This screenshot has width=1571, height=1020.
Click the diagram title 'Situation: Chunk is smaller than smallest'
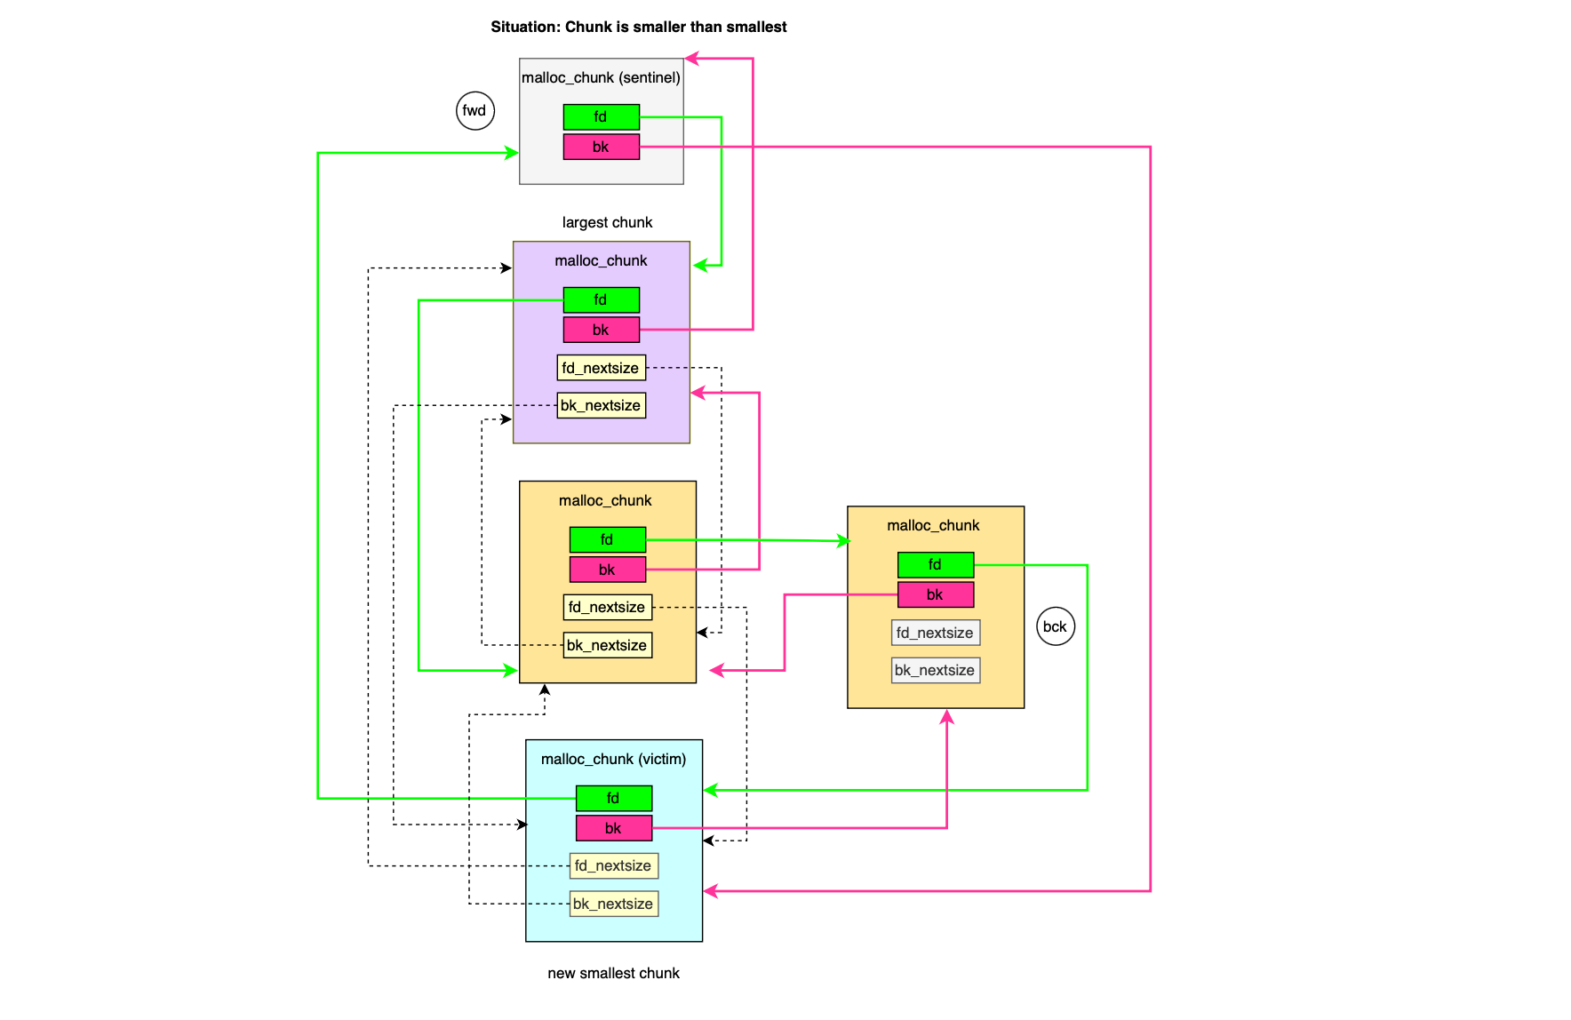pyautogui.click(x=638, y=27)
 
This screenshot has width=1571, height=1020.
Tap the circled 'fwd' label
pyautogui.click(x=474, y=111)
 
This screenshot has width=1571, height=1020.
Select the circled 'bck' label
pyautogui.click(x=1055, y=626)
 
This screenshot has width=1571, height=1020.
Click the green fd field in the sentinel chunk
pyautogui.click(x=601, y=116)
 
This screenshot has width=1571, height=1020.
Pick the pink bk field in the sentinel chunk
pyautogui.click(x=601, y=147)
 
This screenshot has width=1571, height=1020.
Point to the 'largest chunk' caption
pyautogui.click(x=607, y=222)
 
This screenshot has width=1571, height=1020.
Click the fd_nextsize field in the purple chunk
pyautogui.click(x=601, y=368)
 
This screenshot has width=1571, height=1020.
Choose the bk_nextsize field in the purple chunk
pyautogui.click(x=601, y=405)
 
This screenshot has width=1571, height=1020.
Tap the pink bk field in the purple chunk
pyautogui.click(x=601, y=330)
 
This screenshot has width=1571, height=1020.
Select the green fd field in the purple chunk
pyautogui.click(x=601, y=299)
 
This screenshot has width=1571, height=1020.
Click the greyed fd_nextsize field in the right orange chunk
pyautogui.click(x=935, y=633)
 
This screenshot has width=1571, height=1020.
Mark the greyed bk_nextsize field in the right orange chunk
pyautogui.click(x=935, y=670)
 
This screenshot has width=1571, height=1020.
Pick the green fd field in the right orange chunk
pyautogui.click(x=935, y=564)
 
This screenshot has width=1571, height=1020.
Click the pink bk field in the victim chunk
pyautogui.click(x=613, y=828)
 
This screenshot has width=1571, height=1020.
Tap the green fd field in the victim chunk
pyautogui.click(x=613, y=798)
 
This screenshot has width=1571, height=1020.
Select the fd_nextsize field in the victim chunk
pyautogui.click(x=613, y=865)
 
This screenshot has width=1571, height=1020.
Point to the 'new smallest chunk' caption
pyautogui.click(x=613, y=973)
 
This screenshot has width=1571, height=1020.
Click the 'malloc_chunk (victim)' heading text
pyautogui.click(x=613, y=759)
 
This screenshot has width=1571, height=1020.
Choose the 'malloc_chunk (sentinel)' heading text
pyautogui.click(x=601, y=77)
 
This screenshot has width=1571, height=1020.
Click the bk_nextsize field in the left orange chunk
pyautogui.click(x=607, y=645)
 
